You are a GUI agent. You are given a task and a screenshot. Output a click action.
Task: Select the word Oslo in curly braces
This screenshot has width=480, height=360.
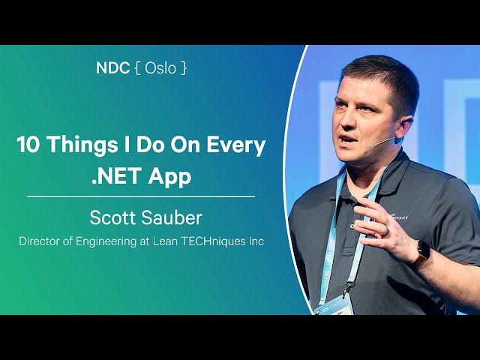pos(161,67)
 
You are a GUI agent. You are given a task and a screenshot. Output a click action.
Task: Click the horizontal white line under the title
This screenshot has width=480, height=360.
pos(141,196)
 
